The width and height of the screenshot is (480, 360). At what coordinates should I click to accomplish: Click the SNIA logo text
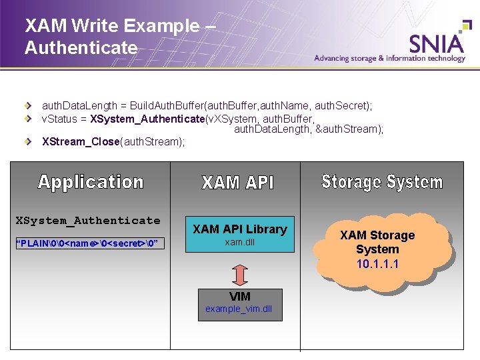point(437,43)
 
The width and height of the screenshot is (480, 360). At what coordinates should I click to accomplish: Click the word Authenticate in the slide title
point(81,48)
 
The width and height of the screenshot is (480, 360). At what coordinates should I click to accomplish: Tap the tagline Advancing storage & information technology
point(390,59)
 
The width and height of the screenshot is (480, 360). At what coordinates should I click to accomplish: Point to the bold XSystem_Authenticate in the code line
point(147,118)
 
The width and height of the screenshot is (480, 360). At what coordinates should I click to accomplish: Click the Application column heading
point(91,182)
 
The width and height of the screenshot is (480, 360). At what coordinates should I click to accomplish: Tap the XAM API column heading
point(238,183)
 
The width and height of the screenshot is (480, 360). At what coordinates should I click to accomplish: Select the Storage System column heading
point(382,181)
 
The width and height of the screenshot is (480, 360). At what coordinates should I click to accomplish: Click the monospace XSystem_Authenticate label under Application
point(88,221)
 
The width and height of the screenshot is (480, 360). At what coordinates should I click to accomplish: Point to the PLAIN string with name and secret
point(87,243)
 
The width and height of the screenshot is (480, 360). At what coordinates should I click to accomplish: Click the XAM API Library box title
point(239,229)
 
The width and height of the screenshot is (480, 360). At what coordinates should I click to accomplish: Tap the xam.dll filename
point(239,243)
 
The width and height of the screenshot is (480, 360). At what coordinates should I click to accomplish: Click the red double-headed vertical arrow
point(240,275)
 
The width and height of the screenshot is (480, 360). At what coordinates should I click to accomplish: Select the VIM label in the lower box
point(240,297)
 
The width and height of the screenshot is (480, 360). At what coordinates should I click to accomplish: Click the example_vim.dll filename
point(239,309)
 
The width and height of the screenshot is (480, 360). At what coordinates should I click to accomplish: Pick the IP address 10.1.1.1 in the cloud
point(377,264)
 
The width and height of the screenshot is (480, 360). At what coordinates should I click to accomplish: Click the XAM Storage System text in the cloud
point(377,242)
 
